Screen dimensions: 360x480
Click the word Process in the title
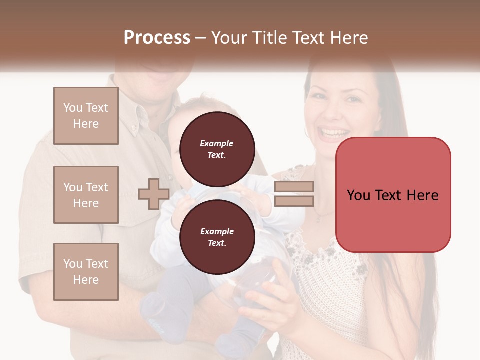[157, 38]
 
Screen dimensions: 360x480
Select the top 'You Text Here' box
[86, 116]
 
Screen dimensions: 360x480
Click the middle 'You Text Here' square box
[86, 195]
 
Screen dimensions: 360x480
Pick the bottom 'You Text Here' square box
[86, 271]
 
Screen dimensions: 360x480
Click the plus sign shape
[154, 194]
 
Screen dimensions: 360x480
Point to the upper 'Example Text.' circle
[217, 149]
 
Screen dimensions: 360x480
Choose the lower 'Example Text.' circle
[217, 237]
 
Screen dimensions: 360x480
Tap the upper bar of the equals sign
[294, 187]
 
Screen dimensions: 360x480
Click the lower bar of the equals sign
[294, 201]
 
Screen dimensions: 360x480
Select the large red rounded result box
[393, 195]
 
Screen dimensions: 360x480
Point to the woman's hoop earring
[306, 132]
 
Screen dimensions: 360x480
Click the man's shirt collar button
[134, 128]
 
